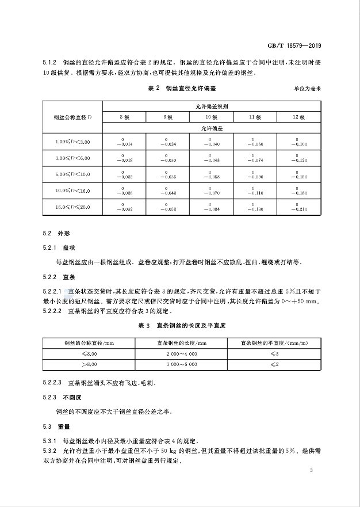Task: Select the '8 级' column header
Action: (124, 117)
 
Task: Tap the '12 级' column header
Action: (298, 117)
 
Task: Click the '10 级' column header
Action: (211, 117)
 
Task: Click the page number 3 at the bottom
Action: (311, 471)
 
